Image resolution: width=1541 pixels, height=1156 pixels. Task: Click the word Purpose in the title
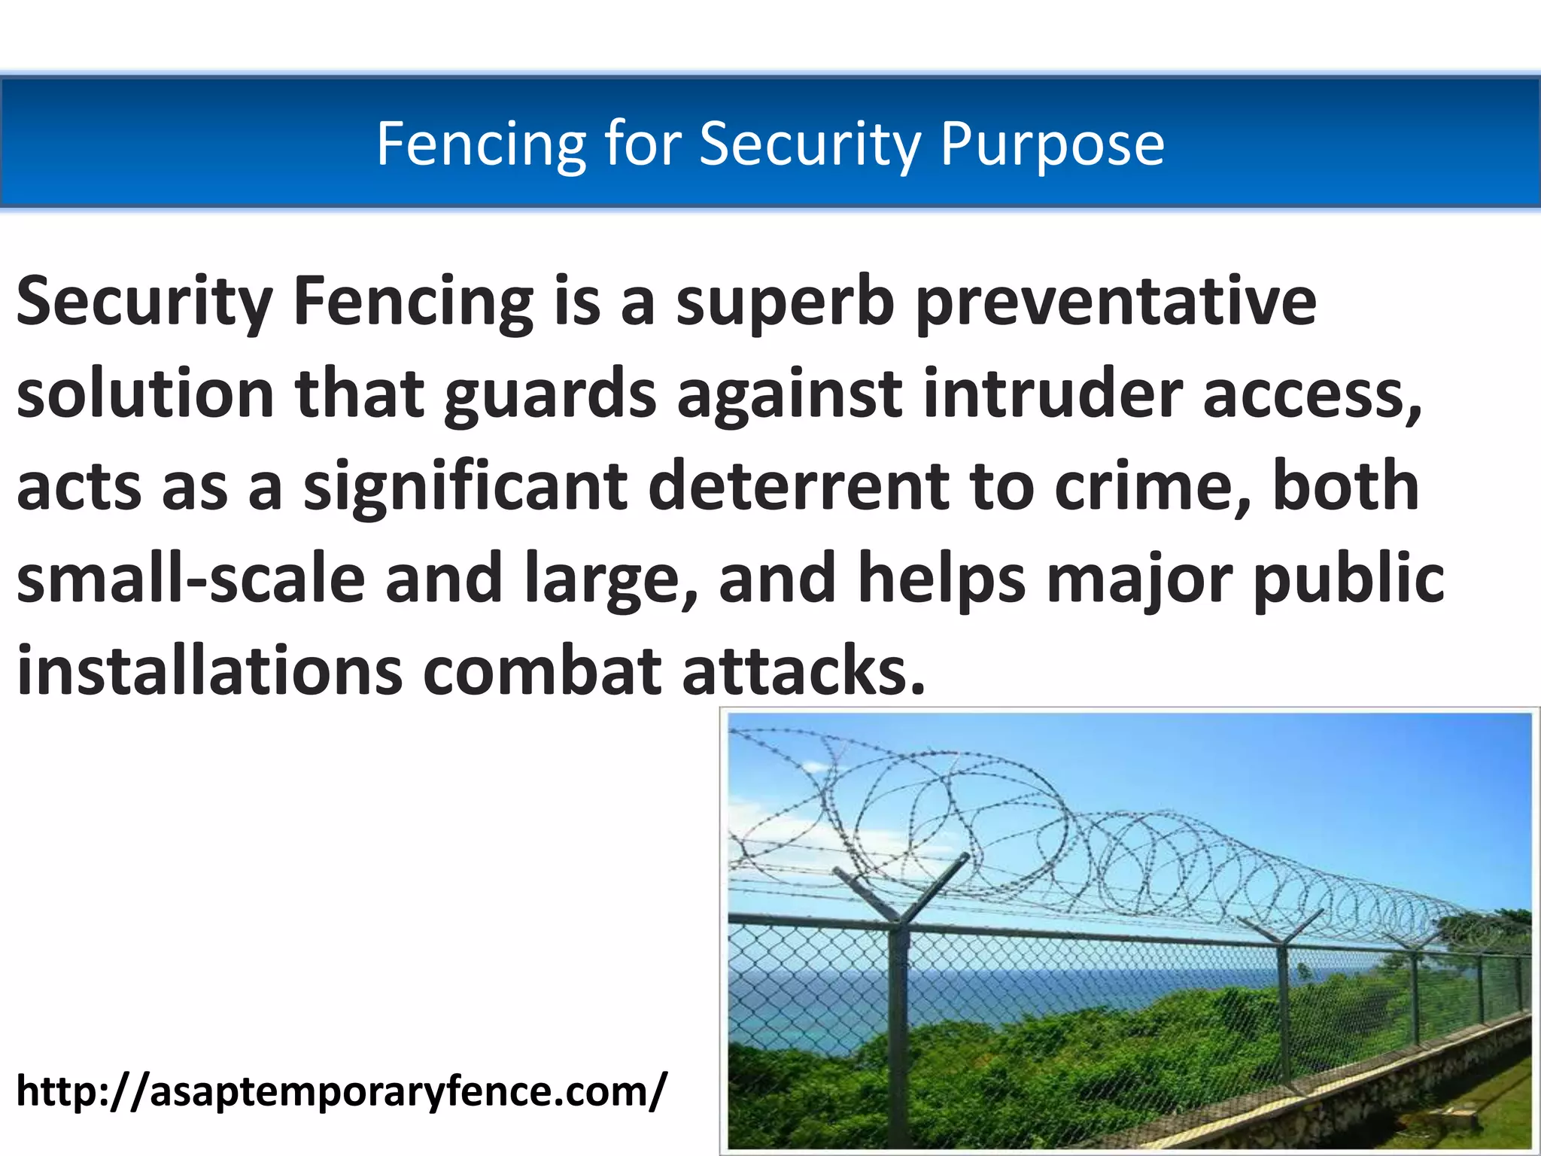pos(1052,144)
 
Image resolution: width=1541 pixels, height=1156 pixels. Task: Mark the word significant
pos(465,487)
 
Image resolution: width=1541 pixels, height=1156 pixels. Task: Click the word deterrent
pos(798,487)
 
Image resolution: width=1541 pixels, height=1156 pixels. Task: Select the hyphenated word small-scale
pos(190,578)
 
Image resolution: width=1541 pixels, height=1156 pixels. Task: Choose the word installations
pos(209,670)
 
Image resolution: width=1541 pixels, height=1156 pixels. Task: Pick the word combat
pos(543,670)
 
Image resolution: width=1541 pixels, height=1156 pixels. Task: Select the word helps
pos(942,578)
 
